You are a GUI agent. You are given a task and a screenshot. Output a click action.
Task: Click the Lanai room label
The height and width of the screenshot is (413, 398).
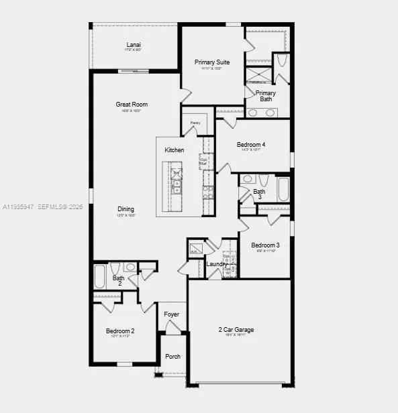point(134,45)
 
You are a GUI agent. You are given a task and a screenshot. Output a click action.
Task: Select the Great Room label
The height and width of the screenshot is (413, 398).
point(132,105)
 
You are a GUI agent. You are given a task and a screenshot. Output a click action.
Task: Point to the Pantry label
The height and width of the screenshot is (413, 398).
point(195,123)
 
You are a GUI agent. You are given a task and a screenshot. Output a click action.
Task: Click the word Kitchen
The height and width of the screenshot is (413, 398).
point(175,150)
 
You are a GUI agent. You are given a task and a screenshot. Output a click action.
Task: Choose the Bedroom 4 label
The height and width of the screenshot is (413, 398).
point(251,144)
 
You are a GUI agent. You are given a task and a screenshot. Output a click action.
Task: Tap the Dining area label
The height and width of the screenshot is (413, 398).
point(126,209)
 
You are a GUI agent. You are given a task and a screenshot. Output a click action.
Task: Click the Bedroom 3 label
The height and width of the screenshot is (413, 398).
point(265,245)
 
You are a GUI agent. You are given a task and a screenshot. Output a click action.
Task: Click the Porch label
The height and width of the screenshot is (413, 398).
point(172,356)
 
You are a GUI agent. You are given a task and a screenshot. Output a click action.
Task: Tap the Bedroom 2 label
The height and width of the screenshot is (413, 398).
point(120,331)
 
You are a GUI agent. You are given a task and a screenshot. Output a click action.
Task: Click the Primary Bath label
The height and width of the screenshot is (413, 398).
point(266,96)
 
